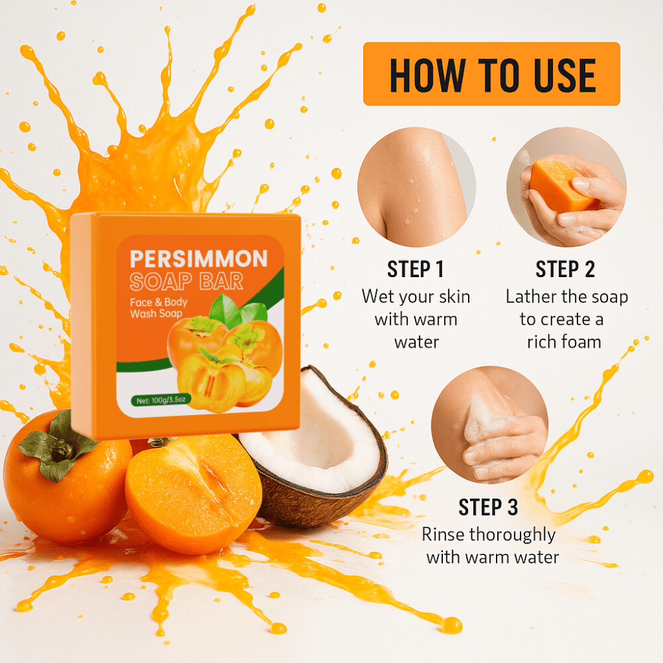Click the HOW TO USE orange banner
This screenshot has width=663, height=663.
point(491,74)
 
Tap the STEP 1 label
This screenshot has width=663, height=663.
point(415,269)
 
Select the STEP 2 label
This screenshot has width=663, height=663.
point(565,269)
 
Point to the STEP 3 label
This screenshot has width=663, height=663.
point(488,507)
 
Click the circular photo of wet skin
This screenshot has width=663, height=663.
point(416,187)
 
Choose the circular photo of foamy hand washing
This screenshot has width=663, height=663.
point(489,424)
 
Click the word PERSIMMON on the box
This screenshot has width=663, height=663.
point(198,258)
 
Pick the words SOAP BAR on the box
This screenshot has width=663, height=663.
point(186,281)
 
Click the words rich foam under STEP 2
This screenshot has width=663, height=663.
point(564,341)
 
